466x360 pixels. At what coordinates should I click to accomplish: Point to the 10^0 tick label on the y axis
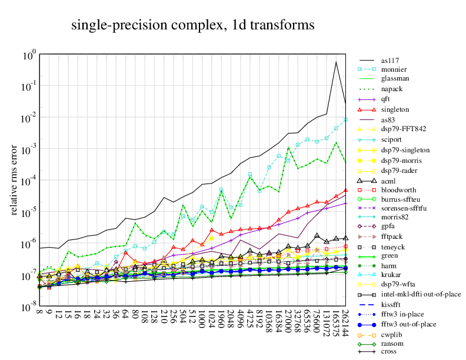coord(30,55)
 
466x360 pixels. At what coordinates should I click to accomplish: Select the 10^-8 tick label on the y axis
coord(30,308)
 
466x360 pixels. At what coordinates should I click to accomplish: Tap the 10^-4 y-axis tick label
coord(30,182)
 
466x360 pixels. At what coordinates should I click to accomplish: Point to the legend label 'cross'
coord(390,351)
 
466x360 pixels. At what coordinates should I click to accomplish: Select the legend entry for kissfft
coord(393,304)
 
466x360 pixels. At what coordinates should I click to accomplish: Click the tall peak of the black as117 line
coord(336,62)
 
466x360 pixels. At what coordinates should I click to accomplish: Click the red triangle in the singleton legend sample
coord(368,109)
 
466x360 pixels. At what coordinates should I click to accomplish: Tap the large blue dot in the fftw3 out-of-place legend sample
coord(368,324)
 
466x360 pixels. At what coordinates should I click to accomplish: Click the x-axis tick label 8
coord(39,312)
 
